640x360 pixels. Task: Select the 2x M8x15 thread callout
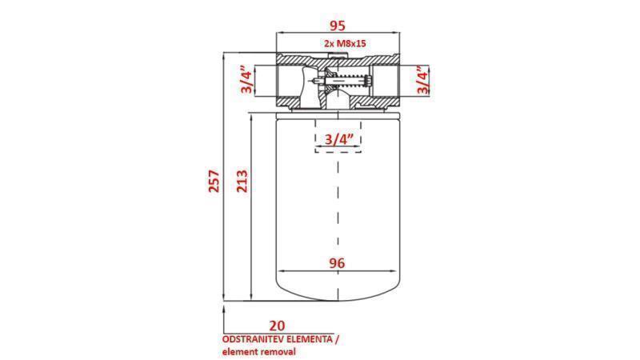pyautogui.click(x=338, y=44)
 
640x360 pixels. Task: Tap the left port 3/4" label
pyautogui.click(x=247, y=81)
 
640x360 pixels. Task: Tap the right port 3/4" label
pyautogui.click(x=423, y=80)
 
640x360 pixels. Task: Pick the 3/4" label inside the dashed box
pyautogui.click(x=338, y=138)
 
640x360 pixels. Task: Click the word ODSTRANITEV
pyautogui.click(x=254, y=339)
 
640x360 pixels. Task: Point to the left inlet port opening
pyautogui.click(x=283, y=81)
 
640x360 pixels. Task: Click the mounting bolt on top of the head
pyautogui.click(x=340, y=55)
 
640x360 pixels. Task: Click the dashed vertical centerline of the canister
pyautogui.click(x=338, y=208)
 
